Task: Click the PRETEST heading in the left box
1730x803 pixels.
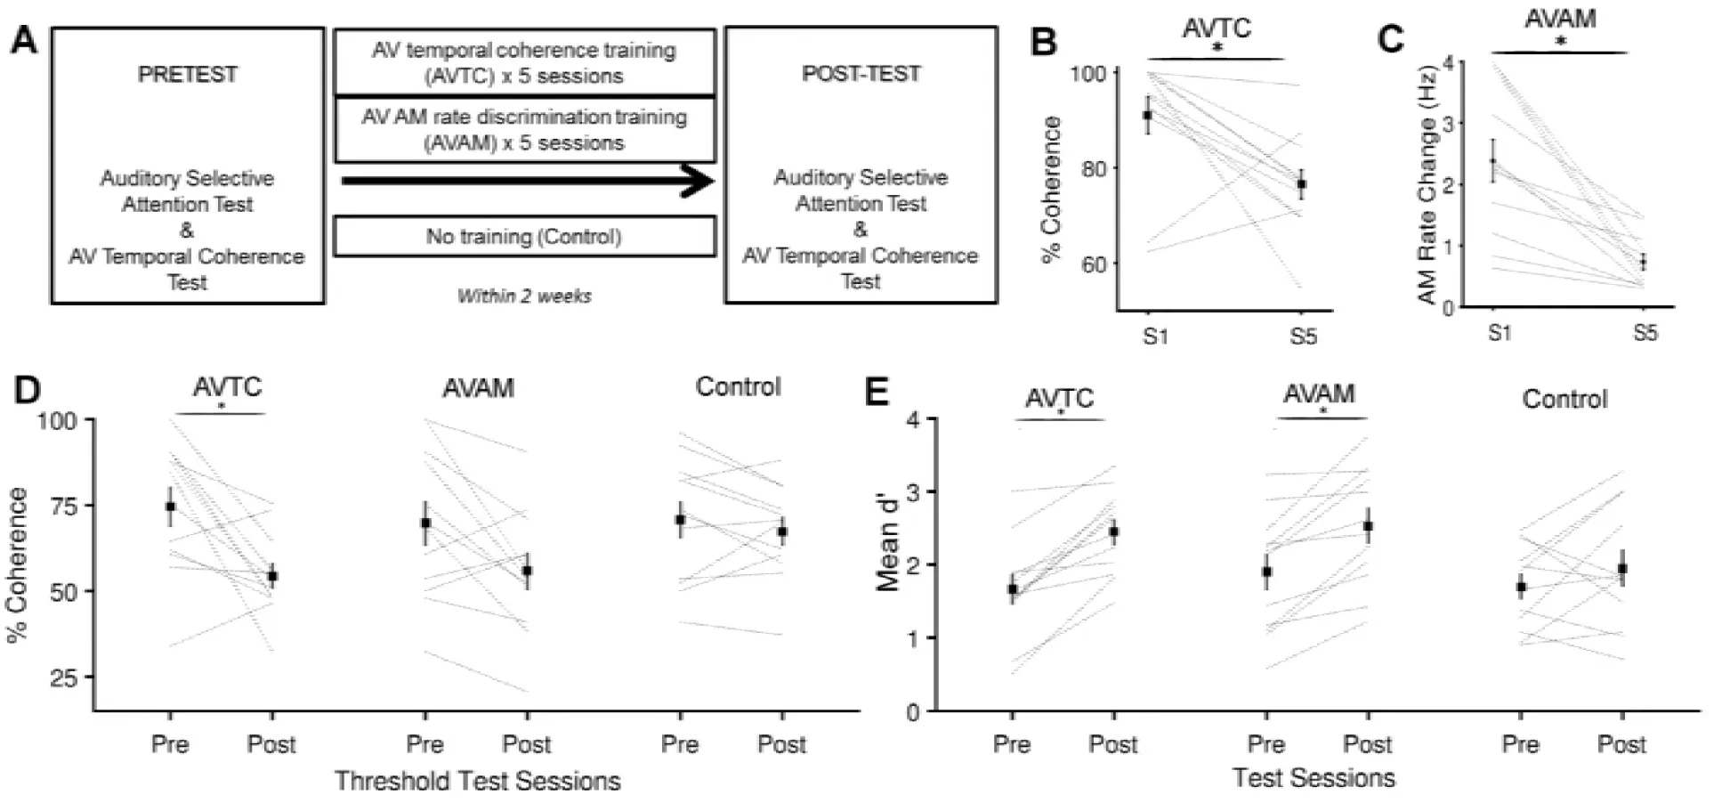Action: click(187, 75)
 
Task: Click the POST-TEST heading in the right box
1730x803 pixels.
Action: click(861, 74)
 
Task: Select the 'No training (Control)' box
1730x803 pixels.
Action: click(524, 237)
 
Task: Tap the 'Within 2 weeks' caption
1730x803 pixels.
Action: click(524, 296)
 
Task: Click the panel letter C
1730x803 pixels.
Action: click(1390, 39)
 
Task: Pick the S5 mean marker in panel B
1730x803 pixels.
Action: click(1302, 184)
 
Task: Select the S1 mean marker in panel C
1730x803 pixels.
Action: click(1493, 161)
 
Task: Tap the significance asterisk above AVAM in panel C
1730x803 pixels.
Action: click(1560, 42)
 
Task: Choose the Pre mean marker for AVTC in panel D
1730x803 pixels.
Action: click(170, 507)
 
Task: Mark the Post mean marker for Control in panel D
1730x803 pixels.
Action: click(782, 531)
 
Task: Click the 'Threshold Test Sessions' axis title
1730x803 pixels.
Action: click(477, 781)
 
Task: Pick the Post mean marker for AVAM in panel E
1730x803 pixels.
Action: click(1368, 526)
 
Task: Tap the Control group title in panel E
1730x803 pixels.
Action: click(1564, 399)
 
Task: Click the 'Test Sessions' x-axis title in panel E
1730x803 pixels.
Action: click(1314, 778)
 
